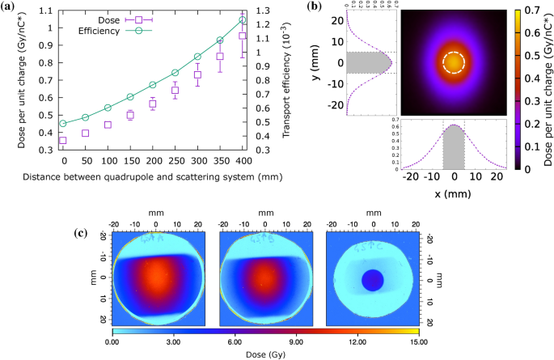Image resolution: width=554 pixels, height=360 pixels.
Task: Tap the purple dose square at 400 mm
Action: tap(243, 36)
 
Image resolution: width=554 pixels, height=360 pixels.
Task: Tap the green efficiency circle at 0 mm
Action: tap(63, 124)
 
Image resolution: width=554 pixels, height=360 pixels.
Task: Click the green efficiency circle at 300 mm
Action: tap(198, 57)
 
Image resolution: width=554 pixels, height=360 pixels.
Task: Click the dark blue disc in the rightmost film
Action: tap(372, 280)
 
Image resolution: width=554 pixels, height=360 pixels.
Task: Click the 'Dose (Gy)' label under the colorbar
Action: tap(264, 354)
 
